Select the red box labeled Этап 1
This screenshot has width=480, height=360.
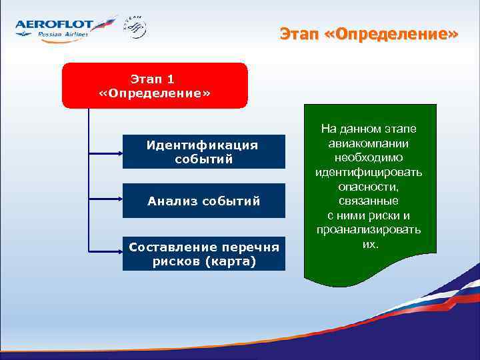[155, 85]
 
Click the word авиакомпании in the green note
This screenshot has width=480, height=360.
[369, 143]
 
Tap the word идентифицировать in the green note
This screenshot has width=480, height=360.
[369, 173]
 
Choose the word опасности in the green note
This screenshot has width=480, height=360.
[369, 187]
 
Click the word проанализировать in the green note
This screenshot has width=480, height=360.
[369, 230]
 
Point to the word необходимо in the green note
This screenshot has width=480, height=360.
[369, 158]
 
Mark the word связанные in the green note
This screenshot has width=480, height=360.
[369, 201]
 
